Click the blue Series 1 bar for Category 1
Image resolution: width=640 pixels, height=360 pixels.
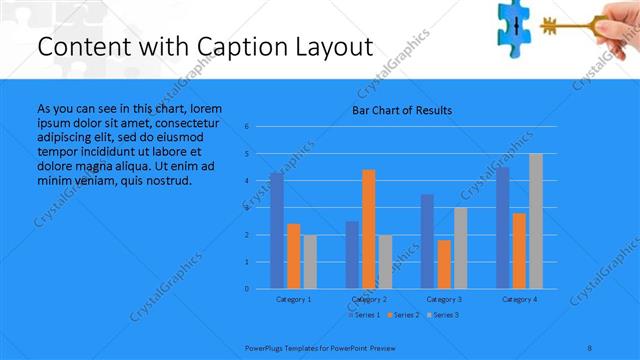(x=277, y=230)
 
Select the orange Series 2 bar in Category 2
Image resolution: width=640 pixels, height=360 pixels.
(x=369, y=229)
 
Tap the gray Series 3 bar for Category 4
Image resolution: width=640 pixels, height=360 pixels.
(x=536, y=221)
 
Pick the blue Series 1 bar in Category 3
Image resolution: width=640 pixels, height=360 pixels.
(x=427, y=241)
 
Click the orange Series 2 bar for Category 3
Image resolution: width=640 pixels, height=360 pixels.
(x=444, y=264)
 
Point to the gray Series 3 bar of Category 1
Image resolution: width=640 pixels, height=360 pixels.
(x=310, y=262)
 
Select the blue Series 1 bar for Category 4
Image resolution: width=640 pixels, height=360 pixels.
(x=503, y=228)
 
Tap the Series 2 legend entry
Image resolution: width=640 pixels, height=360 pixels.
(x=404, y=315)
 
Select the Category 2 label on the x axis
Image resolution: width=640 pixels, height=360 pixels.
(x=369, y=299)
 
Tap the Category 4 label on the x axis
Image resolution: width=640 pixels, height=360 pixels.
(x=519, y=299)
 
